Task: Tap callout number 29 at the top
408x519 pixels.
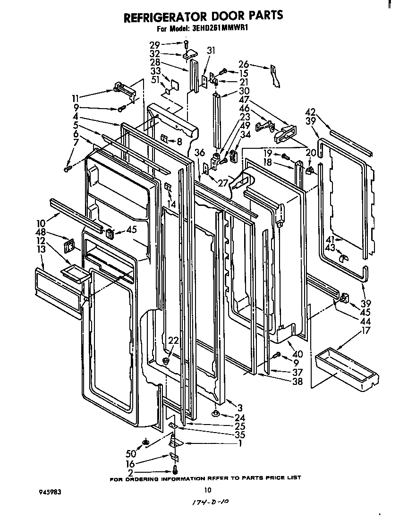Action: click(x=155, y=45)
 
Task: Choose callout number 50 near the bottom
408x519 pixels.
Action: click(x=130, y=453)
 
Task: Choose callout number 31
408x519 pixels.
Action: click(x=211, y=51)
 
